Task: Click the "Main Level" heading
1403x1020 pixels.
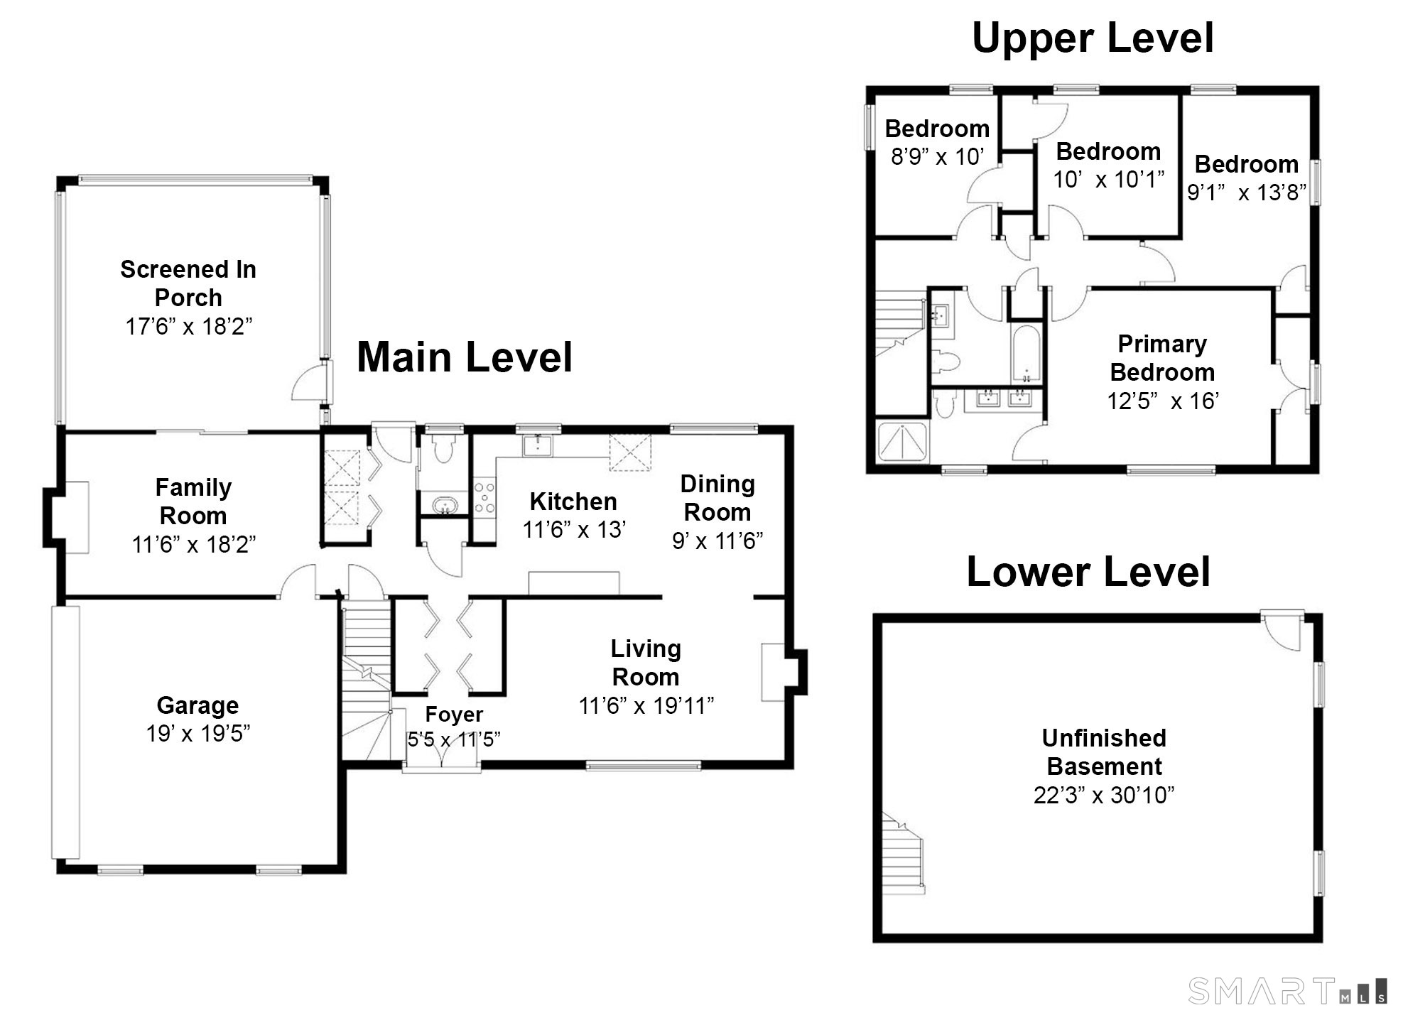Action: click(x=464, y=357)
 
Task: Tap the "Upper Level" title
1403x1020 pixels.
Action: click(x=1093, y=38)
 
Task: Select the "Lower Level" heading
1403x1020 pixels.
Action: click(x=1088, y=572)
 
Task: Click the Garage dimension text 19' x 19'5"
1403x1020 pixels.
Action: click(x=198, y=733)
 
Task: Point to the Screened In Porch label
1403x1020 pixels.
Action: click(x=188, y=283)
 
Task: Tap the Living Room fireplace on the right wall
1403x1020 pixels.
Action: click(x=784, y=671)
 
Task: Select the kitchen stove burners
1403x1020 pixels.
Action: click(x=484, y=498)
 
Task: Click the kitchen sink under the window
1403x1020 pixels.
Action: click(x=538, y=445)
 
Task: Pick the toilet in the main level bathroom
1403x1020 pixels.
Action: click(x=443, y=448)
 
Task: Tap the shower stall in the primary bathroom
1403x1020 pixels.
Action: click(x=902, y=443)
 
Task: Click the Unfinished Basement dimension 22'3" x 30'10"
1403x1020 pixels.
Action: click(x=1104, y=795)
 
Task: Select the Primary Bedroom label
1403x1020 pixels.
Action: click(x=1162, y=358)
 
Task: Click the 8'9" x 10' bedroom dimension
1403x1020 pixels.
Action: click(x=938, y=156)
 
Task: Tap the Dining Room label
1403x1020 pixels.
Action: click(x=717, y=498)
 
